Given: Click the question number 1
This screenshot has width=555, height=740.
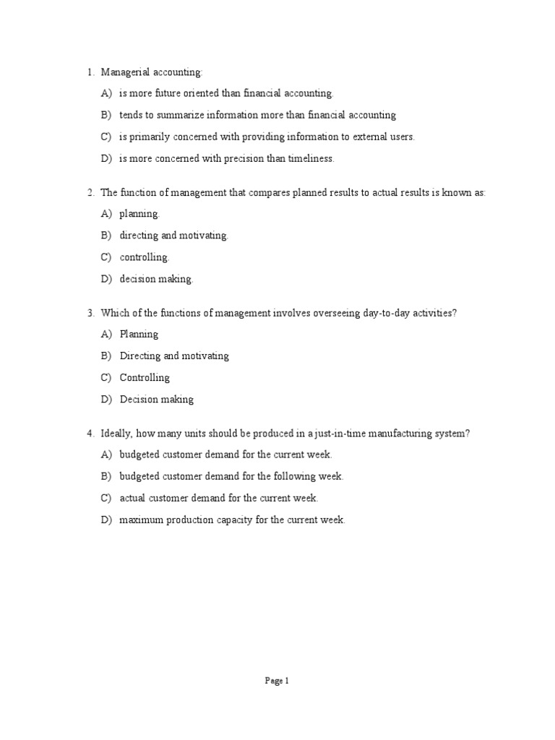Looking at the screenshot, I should (x=90, y=72).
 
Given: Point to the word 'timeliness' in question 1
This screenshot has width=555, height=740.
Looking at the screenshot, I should (x=311, y=158).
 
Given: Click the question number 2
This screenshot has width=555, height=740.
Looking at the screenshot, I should (x=90, y=192).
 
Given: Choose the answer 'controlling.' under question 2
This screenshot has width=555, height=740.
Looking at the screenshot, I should (x=145, y=257).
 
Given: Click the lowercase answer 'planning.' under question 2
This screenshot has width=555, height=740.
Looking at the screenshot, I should (x=139, y=214).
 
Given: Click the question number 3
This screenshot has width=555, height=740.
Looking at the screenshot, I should (x=90, y=312).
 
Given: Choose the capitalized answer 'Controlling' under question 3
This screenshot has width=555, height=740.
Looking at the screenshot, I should (x=145, y=377).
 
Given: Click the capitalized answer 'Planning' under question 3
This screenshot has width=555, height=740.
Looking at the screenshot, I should (x=139, y=334).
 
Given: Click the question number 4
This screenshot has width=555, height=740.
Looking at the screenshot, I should (x=90, y=433).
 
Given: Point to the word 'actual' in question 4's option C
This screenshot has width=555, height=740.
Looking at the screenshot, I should (x=134, y=498).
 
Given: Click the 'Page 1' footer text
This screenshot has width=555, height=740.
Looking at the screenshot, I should (x=277, y=680).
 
